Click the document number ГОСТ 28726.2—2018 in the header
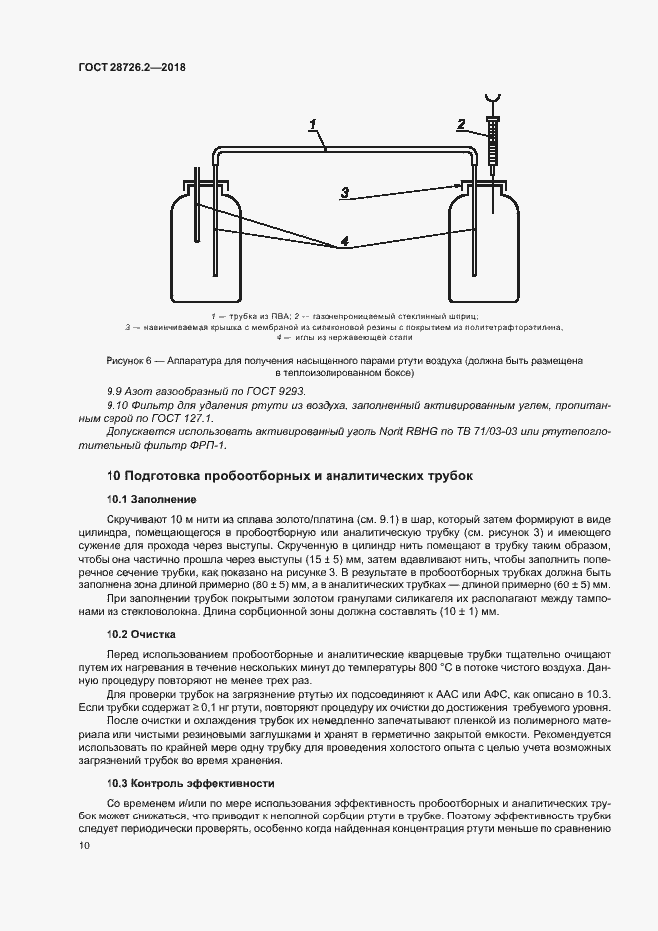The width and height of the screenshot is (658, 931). (x=131, y=68)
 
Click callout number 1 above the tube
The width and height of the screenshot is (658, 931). (x=312, y=125)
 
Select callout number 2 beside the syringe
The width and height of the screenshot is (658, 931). (x=461, y=125)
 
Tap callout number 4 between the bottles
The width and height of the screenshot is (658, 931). (x=344, y=242)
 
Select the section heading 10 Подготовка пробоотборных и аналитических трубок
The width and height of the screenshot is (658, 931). (x=289, y=476)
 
